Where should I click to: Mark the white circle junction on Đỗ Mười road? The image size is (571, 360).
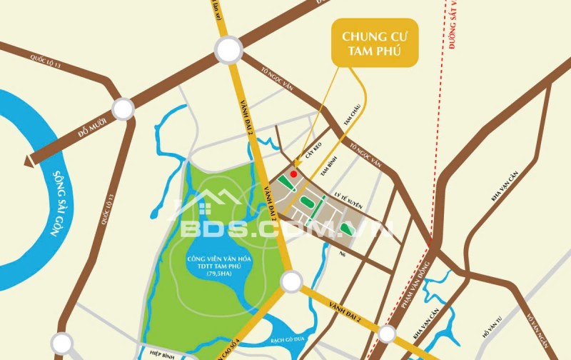point(123,109)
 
